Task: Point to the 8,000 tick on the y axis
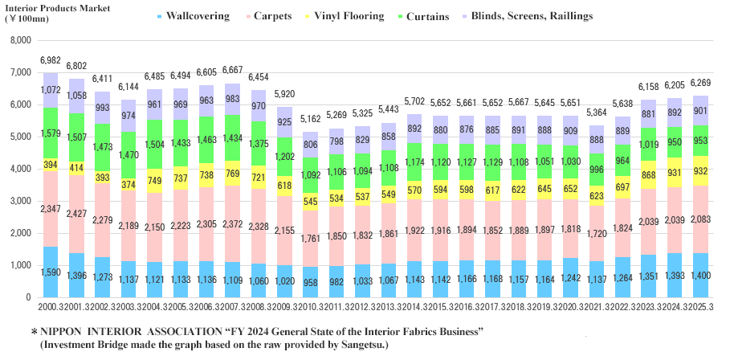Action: [19, 40]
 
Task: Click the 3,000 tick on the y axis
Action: [19, 201]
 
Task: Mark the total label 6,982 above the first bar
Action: [50, 61]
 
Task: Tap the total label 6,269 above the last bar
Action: [701, 83]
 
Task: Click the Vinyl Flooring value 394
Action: [50, 165]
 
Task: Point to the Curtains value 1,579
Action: [50, 133]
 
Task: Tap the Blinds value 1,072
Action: [50, 90]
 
